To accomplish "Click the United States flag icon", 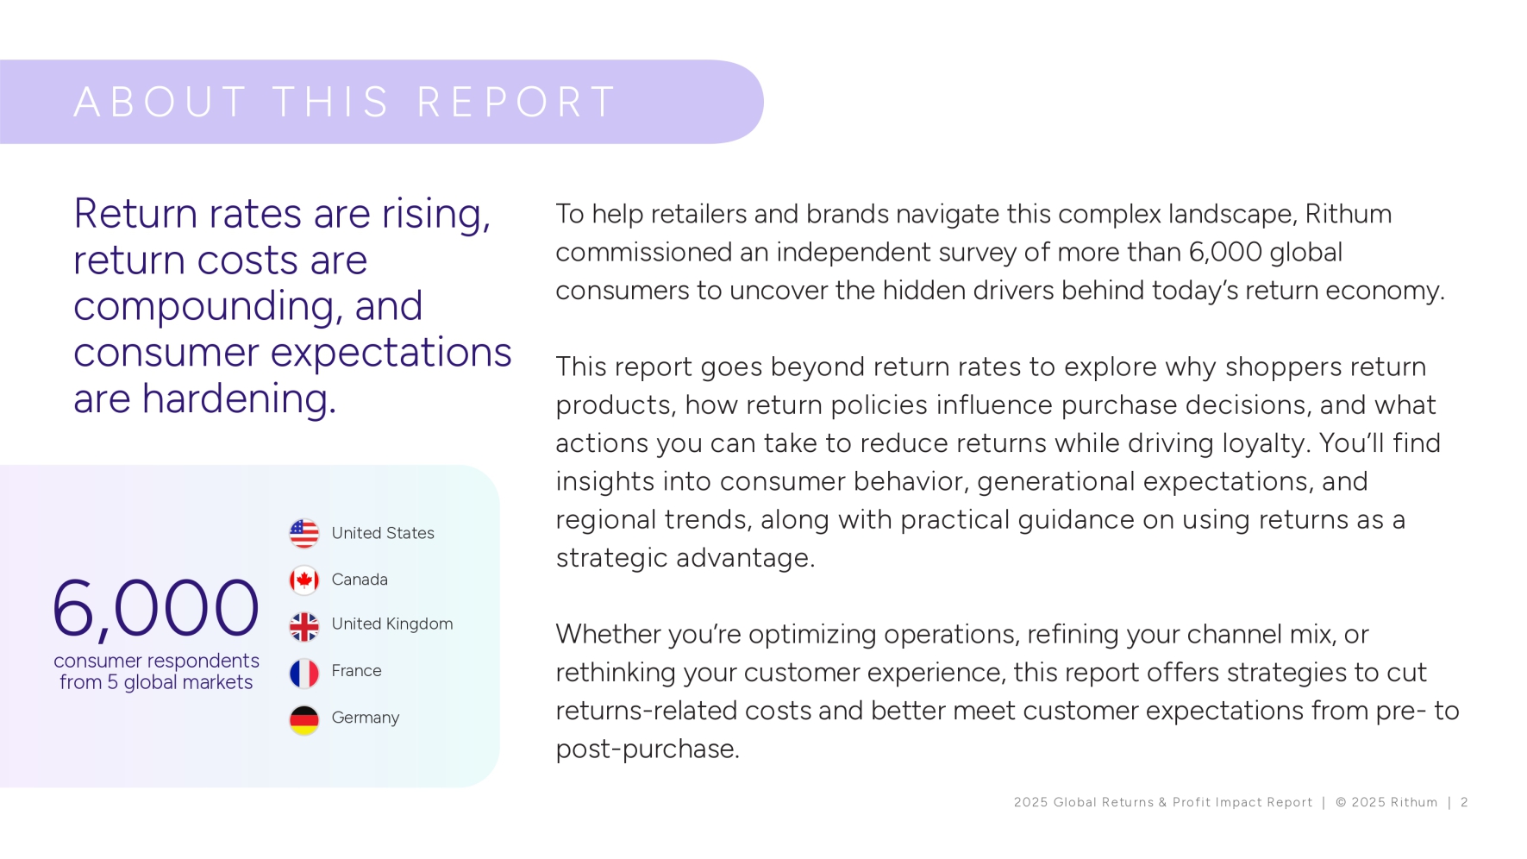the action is tap(304, 533).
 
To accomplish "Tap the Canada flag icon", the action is tap(304, 580).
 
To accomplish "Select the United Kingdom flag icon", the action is tap(304, 626).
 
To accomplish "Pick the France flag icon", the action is tap(304, 673).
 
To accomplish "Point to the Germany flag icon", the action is tap(304, 719).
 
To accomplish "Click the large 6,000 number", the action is tap(155, 608).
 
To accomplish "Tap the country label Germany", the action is tap(366, 718).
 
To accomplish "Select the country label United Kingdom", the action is tap(392, 624).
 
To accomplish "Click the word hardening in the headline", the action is tap(239, 398).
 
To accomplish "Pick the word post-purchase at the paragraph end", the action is tap(648, 749).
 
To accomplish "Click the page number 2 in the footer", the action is tap(1464, 802).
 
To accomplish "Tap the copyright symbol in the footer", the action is tap(1341, 802).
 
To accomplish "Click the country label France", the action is tap(356, 670).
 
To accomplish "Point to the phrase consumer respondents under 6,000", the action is tap(156, 661).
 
